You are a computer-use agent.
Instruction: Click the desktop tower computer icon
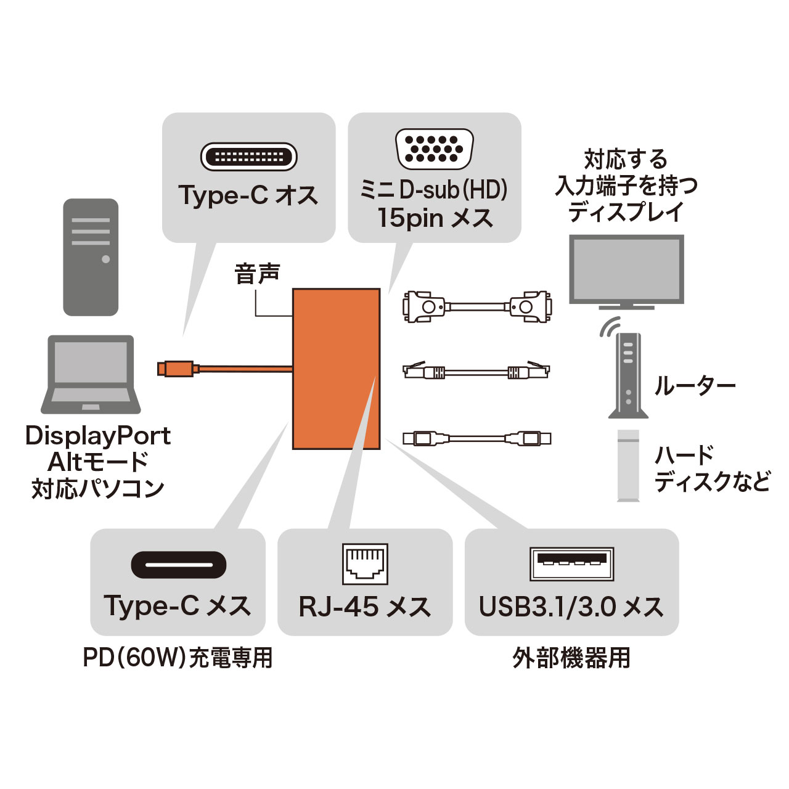[x=91, y=257]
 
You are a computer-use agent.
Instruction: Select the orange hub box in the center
[x=336, y=369]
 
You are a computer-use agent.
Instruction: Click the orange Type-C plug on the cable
[x=178, y=369]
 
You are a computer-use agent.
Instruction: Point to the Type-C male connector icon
[x=249, y=157]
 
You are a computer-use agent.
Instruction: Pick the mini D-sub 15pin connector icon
[x=435, y=149]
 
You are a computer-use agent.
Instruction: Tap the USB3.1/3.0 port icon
[x=571, y=563]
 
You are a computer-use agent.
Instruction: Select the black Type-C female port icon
[x=179, y=565]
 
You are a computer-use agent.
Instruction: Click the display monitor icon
[x=626, y=271]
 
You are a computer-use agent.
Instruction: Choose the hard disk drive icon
[x=628, y=465]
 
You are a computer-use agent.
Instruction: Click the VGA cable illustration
[x=477, y=306]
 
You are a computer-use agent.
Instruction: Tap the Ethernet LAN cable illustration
[x=476, y=372]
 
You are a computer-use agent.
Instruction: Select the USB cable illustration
[x=476, y=439]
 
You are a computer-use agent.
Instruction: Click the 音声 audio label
[x=258, y=274]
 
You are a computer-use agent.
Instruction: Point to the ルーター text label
[x=695, y=386]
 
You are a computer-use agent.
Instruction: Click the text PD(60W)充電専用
[x=178, y=658]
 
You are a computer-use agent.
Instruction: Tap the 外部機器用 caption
[x=571, y=658]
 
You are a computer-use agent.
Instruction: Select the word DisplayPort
[x=98, y=436]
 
